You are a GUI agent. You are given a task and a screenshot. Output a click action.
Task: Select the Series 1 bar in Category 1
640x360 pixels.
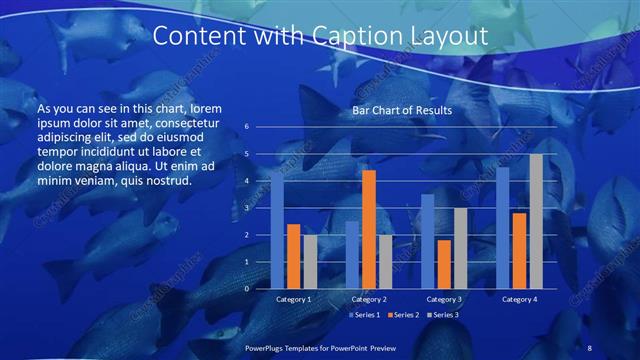click(277, 230)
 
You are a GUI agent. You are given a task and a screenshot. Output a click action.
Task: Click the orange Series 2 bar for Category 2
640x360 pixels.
click(369, 229)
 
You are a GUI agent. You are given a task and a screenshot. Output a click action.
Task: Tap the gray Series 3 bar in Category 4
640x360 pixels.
click(536, 221)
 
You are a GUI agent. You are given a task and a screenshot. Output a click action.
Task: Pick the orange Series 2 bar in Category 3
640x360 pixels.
click(444, 264)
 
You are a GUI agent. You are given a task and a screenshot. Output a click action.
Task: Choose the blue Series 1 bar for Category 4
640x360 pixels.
click(503, 228)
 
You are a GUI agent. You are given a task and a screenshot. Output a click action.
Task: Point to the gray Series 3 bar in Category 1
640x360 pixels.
click(310, 262)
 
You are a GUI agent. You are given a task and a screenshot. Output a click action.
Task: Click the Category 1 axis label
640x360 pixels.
click(293, 299)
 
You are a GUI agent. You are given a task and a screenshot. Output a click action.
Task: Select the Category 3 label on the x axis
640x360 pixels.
click(444, 299)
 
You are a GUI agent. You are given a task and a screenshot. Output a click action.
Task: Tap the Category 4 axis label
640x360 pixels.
click(519, 299)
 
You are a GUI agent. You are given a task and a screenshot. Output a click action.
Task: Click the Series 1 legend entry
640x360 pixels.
click(364, 315)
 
